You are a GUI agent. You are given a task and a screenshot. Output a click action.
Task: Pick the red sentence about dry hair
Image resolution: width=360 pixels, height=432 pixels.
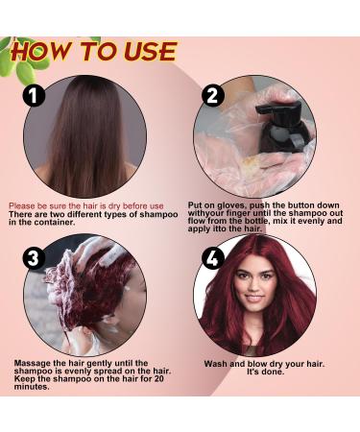pyautogui.click(x=87, y=205)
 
